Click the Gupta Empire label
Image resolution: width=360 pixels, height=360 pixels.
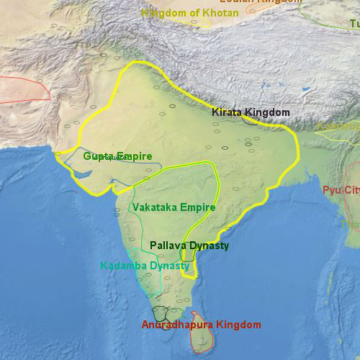(x=117, y=156)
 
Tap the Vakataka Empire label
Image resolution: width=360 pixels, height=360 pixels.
(x=174, y=207)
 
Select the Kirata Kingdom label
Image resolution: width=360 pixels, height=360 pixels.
(x=251, y=112)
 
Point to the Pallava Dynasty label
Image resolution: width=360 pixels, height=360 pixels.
(x=189, y=246)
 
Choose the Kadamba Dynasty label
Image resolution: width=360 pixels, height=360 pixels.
(x=145, y=266)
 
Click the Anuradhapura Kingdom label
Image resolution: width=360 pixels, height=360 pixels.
(x=201, y=325)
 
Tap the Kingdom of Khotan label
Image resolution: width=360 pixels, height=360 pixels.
(x=189, y=13)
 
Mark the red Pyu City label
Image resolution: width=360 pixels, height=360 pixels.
(x=341, y=190)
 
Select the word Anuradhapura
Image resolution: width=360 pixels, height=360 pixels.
(x=178, y=325)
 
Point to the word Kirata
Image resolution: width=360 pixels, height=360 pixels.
(x=226, y=112)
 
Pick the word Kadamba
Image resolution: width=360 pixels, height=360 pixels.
(x=123, y=266)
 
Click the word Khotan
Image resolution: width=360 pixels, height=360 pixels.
(x=220, y=13)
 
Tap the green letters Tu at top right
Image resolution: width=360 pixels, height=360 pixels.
(x=354, y=24)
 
